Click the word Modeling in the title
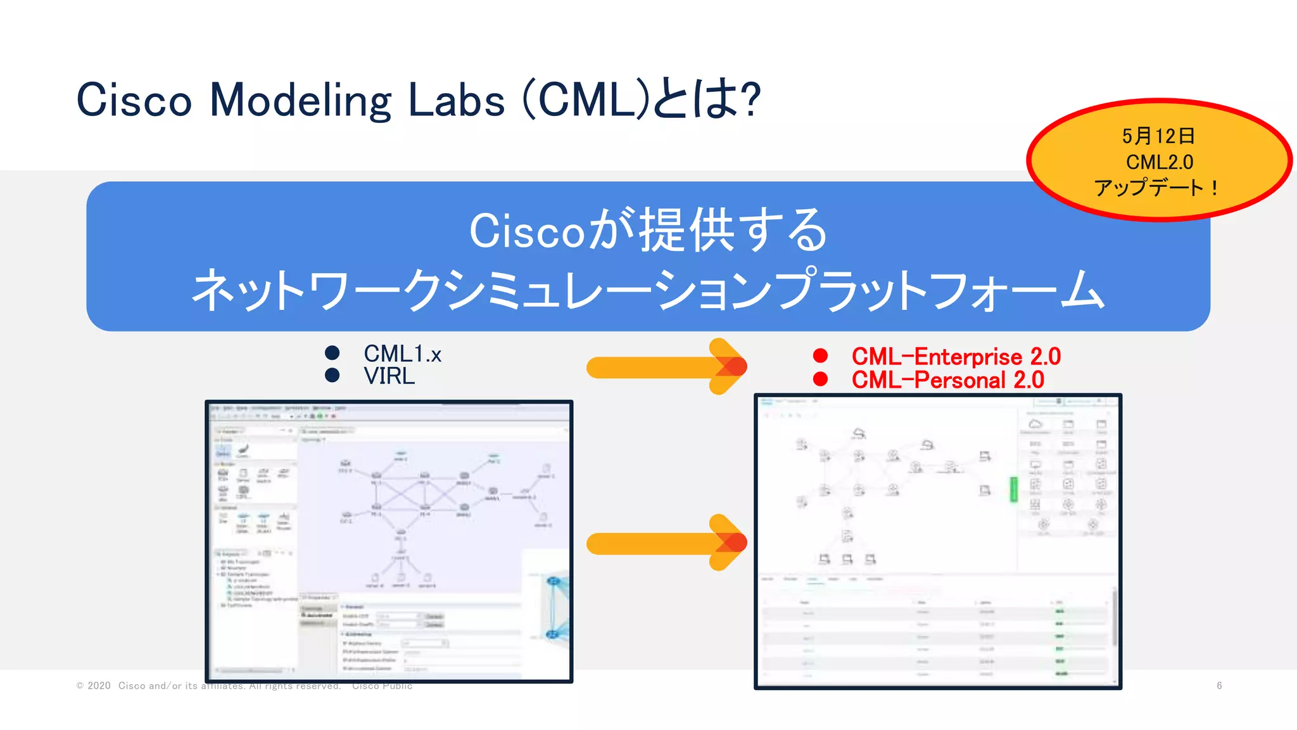point(300,100)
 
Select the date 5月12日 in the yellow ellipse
point(1158,136)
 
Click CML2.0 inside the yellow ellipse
point(1160,162)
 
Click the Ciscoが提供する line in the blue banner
point(648,231)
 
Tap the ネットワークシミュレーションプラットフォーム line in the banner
point(648,290)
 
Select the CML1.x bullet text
point(402,354)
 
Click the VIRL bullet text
point(389,376)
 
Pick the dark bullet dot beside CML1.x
point(332,352)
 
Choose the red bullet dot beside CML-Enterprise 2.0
point(820,355)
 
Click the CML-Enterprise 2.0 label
point(956,356)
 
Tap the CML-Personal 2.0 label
point(947,380)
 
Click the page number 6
point(1219,686)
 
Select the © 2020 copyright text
point(93,686)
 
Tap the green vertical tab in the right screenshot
point(1013,489)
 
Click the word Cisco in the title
point(134,100)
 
